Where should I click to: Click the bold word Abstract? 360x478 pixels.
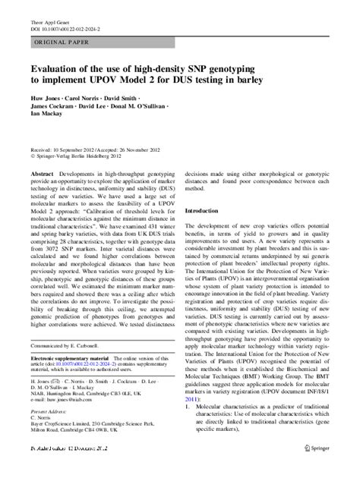40,173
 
